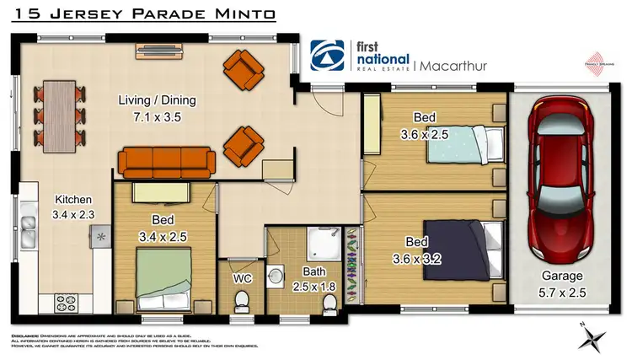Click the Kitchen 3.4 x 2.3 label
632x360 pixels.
tap(72, 207)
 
